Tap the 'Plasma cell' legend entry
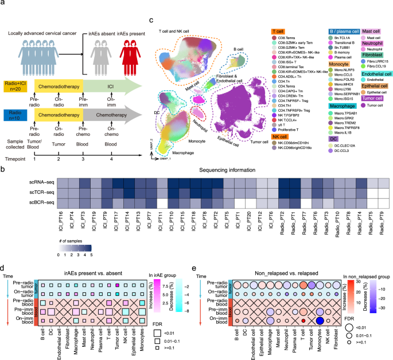pos(341,57)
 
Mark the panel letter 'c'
pos(151,21)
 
